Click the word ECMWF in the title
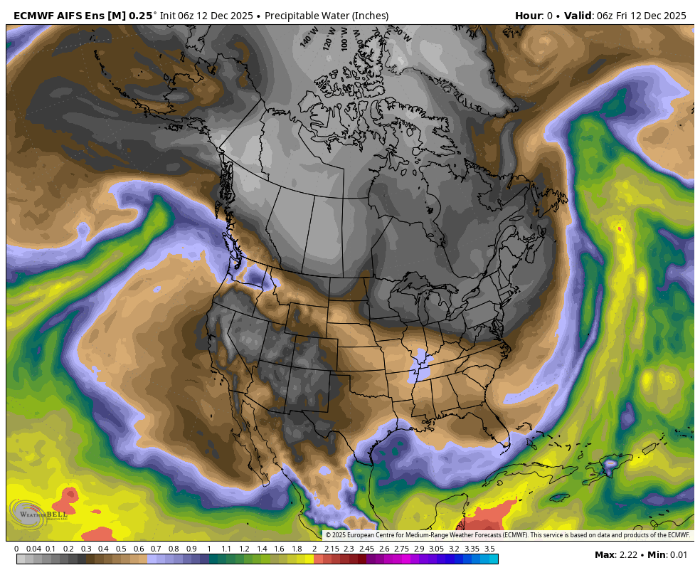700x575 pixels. pyautogui.click(x=32, y=16)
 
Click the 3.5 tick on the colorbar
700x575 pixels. pyautogui.click(x=489, y=549)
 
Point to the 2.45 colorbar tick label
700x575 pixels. pyautogui.click(x=366, y=549)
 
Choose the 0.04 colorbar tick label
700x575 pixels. pyautogui.click(x=33, y=549)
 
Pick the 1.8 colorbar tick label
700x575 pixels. pyautogui.click(x=297, y=549)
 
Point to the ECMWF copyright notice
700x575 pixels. pyautogui.click(x=507, y=535)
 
